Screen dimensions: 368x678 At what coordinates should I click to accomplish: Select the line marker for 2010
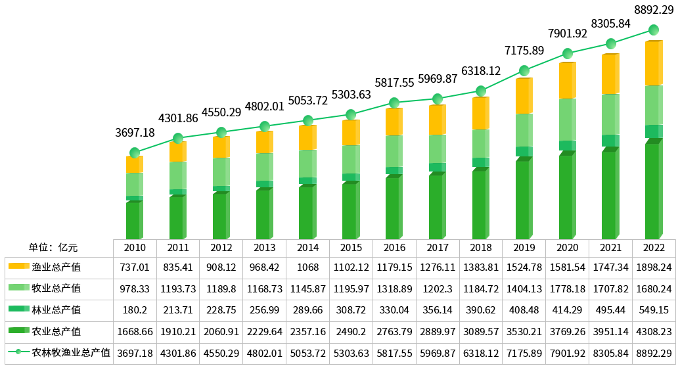pos(135,153)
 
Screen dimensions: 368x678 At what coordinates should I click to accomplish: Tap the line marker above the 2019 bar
pos(524,70)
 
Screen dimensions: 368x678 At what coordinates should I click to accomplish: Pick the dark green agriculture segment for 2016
pos(393,208)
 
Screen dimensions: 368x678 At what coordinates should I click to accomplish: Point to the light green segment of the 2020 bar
pos(567,120)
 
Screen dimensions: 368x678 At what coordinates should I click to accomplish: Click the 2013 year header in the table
pos(264,248)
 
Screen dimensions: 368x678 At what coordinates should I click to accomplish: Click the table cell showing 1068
pos(307,267)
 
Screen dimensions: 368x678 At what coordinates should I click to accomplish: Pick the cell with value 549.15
pos(653,310)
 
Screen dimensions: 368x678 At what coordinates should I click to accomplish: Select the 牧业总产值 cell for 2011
pos(178,288)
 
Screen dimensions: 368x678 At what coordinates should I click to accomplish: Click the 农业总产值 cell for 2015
pos(351,331)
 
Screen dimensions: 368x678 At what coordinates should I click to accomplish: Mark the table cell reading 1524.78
pos(524,267)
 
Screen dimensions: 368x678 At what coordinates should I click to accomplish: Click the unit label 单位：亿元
pos(53,248)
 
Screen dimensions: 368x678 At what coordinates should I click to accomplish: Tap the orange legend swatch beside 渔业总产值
pos(19,267)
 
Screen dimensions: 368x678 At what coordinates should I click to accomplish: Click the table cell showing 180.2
pos(135,310)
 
